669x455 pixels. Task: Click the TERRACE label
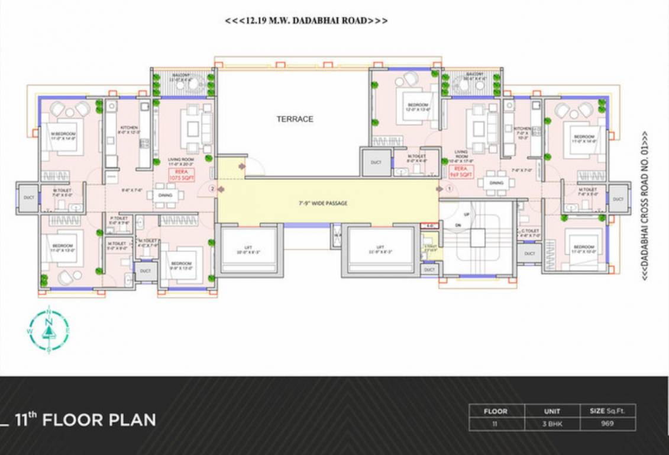(295, 119)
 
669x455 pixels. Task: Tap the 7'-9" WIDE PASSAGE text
(322, 203)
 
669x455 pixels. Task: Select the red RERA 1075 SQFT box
(181, 174)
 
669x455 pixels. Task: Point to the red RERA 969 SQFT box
(461, 172)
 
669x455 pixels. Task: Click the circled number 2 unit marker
(212, 188)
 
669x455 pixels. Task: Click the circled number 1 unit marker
(448, 189)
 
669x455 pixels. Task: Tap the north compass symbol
(49, 329)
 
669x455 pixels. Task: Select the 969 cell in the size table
(607, 424)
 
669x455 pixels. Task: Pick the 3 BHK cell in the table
(552, 424)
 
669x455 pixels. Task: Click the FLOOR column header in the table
(496, 411)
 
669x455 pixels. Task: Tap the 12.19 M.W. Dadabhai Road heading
(306, 21)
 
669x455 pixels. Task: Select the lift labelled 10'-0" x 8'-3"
(247, 249)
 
